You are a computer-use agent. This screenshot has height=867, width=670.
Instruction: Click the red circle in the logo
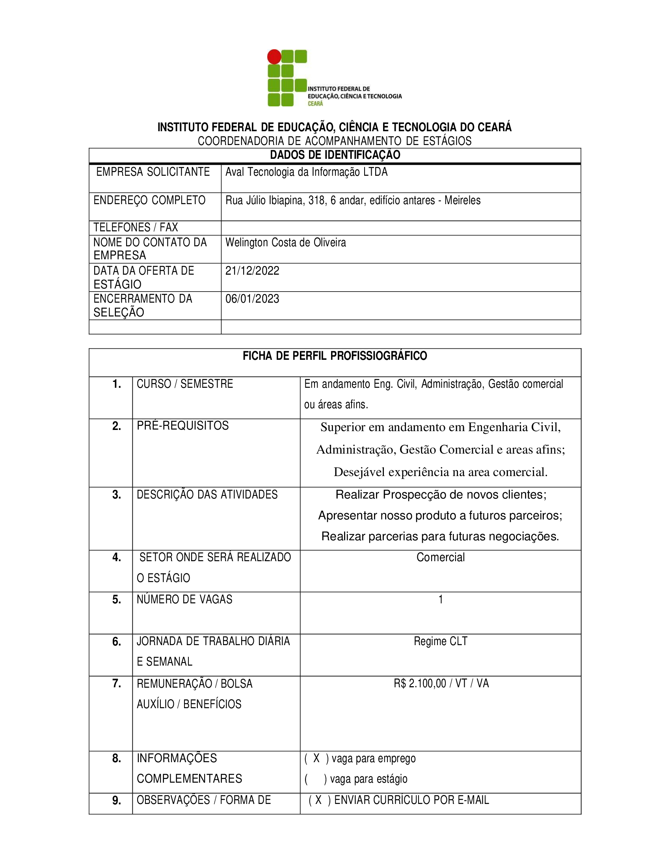click(274, 57)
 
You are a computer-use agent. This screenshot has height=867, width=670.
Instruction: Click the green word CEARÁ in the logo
click(316, 104)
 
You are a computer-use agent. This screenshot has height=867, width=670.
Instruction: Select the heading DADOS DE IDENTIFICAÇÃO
click(335, 155)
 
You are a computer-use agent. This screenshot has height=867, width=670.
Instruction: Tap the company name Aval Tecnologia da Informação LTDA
click(306, 172)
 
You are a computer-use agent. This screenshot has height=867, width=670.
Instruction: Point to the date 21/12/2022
click(253, 271)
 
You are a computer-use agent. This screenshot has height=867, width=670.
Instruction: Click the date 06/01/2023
click(253, 299)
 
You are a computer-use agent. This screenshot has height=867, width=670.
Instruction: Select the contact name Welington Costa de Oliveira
click(286, 242)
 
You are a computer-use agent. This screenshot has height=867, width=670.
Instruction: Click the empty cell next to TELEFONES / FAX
click(401, 228)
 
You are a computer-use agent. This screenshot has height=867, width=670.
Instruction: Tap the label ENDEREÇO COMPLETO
click(149, 200)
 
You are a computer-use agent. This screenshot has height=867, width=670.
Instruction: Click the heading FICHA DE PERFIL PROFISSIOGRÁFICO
click(335, 356)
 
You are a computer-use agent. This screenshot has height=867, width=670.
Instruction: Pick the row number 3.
click(117, 495)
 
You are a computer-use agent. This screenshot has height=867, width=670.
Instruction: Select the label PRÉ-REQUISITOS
click(182, 426)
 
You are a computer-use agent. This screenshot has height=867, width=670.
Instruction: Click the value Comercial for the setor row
click(441, 557)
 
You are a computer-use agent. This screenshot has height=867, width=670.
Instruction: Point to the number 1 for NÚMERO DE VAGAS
click(441, 599)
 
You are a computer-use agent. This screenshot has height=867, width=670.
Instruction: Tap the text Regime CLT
click(441, 641)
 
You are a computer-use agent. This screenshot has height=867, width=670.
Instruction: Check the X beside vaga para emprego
click(316, 759)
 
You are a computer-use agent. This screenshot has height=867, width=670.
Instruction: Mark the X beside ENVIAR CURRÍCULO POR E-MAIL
click(318, 800)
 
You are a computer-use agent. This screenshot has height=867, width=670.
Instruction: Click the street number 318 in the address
click(316, 201)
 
